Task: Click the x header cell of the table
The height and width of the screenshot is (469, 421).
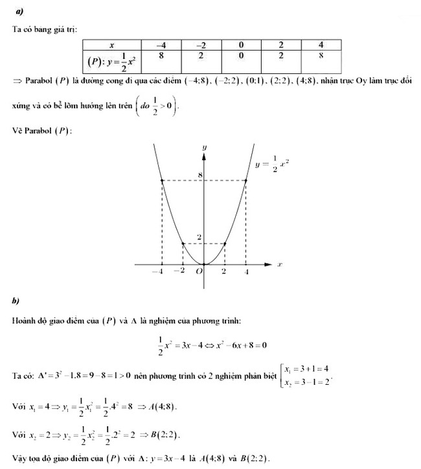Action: [111, 45]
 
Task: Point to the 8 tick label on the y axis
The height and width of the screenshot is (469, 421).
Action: [201, 175]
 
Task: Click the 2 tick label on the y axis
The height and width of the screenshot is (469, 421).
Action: [200, 237]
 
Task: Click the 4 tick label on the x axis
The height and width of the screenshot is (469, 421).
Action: [246, 273]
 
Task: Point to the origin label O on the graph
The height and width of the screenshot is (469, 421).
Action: [199, 273]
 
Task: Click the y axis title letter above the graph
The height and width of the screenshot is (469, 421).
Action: [204, 148]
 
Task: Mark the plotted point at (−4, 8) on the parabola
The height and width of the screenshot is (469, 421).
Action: [162, 181]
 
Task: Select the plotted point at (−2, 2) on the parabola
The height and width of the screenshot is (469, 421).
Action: [183, 244]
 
